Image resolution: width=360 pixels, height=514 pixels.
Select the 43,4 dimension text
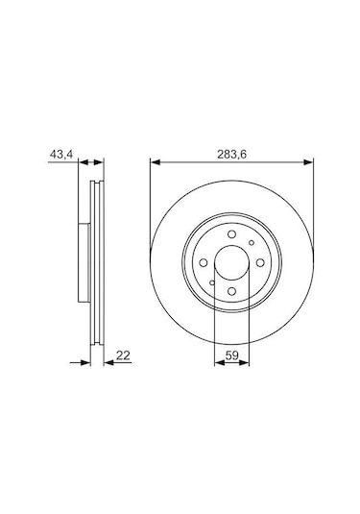[60, 151]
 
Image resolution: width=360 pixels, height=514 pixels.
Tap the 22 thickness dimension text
[124, 355]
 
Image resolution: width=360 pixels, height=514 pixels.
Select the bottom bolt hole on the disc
[231, 293]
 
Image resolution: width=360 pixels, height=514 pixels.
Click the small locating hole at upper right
[252, 241]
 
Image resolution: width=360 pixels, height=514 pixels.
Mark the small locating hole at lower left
[210, 283]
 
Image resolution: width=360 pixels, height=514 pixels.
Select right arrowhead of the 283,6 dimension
[307, 160]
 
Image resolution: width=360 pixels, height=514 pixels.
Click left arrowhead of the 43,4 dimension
[81, 160]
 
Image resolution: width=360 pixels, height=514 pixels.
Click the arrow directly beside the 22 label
[106, 364]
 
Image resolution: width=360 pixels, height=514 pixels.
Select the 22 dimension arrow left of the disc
[82, 364]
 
